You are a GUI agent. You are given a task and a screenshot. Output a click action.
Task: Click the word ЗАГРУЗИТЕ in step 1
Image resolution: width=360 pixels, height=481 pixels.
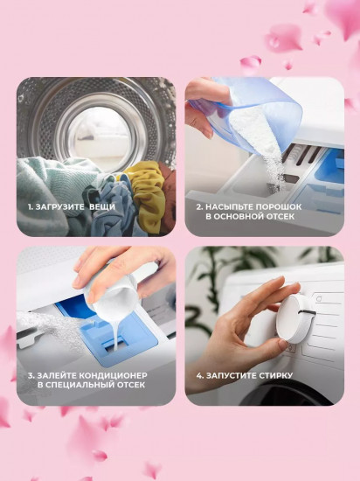pyautogui.click(x=59, y=206)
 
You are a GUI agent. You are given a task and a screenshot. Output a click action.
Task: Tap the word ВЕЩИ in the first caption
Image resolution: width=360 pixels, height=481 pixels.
pyautogui.click(x=102, y=206)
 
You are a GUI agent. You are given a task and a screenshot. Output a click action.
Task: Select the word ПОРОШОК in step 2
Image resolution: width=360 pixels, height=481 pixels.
pyautogui.click(x=279, y=206)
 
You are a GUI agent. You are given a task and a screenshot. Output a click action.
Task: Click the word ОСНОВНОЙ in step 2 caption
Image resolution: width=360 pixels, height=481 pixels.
pyautogui.click(x=238, y=216)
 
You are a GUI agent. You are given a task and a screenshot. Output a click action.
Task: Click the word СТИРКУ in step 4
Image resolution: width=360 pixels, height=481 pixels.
pyautogui.click(x=276, y=375)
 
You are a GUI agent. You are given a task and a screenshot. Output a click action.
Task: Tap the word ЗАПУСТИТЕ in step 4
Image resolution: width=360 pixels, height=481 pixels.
pyautogui.click(x=231, y=375)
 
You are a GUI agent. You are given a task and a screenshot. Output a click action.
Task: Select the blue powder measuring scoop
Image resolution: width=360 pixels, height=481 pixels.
pyautogui.click(x=252, y=114)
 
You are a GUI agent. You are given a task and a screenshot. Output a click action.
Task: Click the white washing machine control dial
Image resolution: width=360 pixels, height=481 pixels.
pyautogui.click(x=294, y=319)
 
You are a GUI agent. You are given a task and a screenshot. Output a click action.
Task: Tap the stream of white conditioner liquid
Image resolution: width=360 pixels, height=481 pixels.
pyautogui.click(x=115, y=334)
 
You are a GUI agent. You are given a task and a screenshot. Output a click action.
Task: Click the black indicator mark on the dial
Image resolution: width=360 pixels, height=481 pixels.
pyautogui.click(x=307, y=312)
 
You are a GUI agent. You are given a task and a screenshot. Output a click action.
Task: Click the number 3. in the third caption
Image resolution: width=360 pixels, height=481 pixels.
pyautogui.click(x=31, y=375)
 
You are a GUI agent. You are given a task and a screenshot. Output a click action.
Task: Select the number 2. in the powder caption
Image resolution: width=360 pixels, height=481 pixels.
pyautogui.click(x=199, y=206)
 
